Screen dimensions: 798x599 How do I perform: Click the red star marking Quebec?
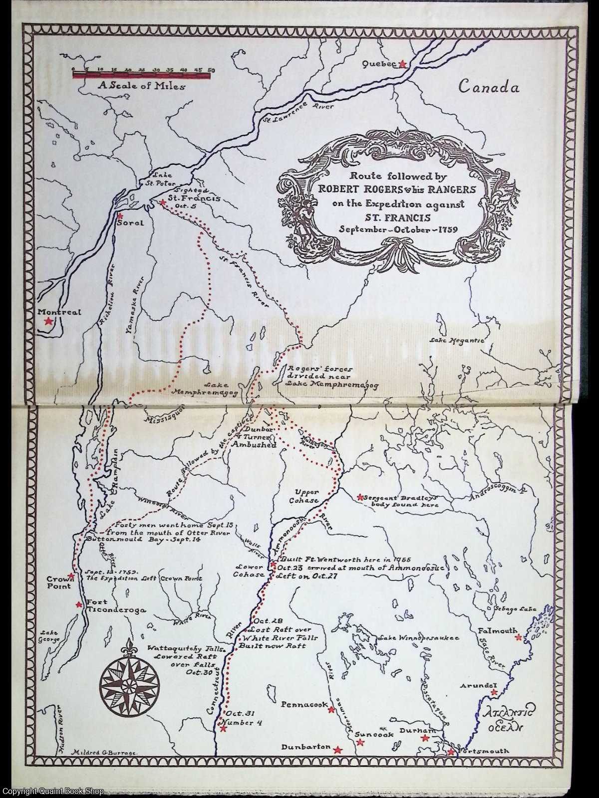click(x=403, y=64)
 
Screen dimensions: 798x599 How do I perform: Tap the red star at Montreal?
click(x=48, y=322)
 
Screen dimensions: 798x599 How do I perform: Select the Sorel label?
click(x=130, y=223)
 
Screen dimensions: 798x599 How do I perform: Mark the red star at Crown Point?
click(x=71, y=576)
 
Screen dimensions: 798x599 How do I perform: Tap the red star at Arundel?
click(x=494, y=692)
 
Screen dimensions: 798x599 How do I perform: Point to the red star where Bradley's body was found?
click(x=359, y=497)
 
